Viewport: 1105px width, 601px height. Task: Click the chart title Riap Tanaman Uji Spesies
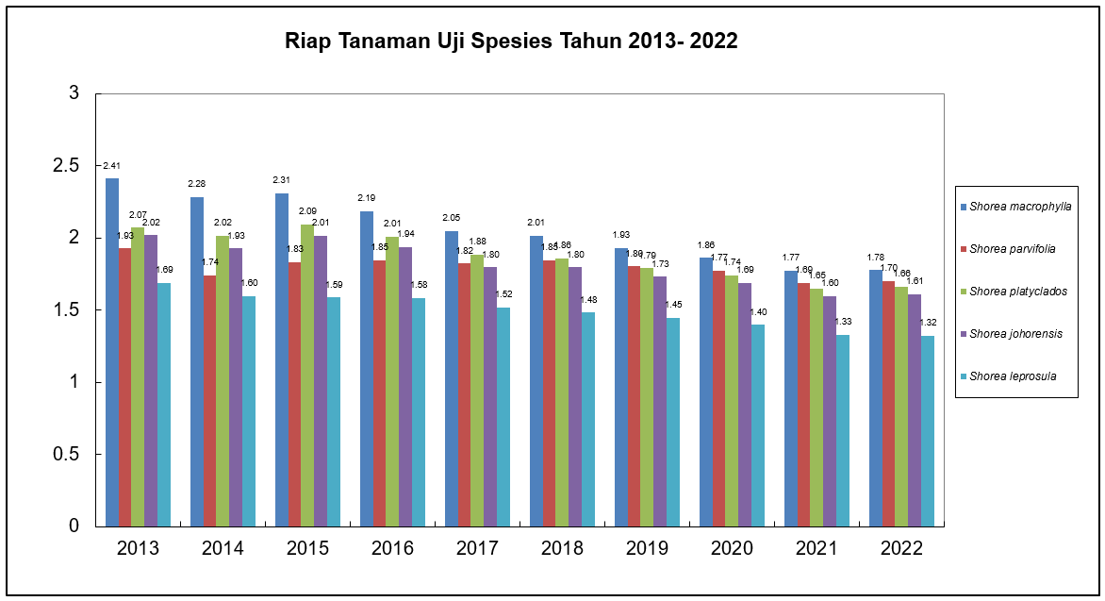(512, 42)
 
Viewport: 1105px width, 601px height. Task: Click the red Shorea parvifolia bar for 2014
(209, 400)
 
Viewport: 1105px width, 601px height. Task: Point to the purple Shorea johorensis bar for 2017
(490, 396)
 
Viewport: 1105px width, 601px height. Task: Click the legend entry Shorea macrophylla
(1020, 207)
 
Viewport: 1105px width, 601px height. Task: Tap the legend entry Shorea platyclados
(1018, 292)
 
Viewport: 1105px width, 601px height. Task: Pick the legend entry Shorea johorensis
(1017, 334)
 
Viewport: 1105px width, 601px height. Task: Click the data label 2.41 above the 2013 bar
(112, 166)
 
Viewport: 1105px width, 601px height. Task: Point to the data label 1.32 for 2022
(928, 324)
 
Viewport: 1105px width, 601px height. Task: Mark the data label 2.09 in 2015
(307, 211)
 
